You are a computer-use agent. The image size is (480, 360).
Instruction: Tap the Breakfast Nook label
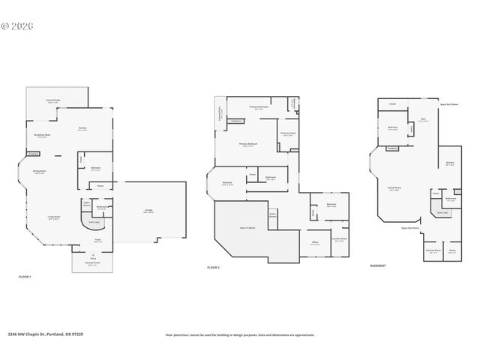[43, 136]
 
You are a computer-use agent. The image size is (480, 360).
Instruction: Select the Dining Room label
[37, 171]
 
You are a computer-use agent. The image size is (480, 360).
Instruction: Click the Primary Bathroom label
[259, 107]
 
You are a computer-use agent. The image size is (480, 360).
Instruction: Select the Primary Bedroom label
[248, 144]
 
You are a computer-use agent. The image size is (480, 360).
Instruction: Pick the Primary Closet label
[287, 135]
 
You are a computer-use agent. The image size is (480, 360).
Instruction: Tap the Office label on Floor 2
[315, 242]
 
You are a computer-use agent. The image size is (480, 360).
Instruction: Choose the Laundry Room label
[339, 239]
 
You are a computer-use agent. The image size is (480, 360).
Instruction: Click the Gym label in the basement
[422, 119]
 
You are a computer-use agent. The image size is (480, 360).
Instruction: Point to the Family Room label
[394, 189]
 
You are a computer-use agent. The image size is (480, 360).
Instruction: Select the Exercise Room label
[431, 251]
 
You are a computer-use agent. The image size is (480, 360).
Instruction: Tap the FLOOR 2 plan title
[214, 267]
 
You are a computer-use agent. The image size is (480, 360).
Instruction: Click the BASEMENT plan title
[379, 265]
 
